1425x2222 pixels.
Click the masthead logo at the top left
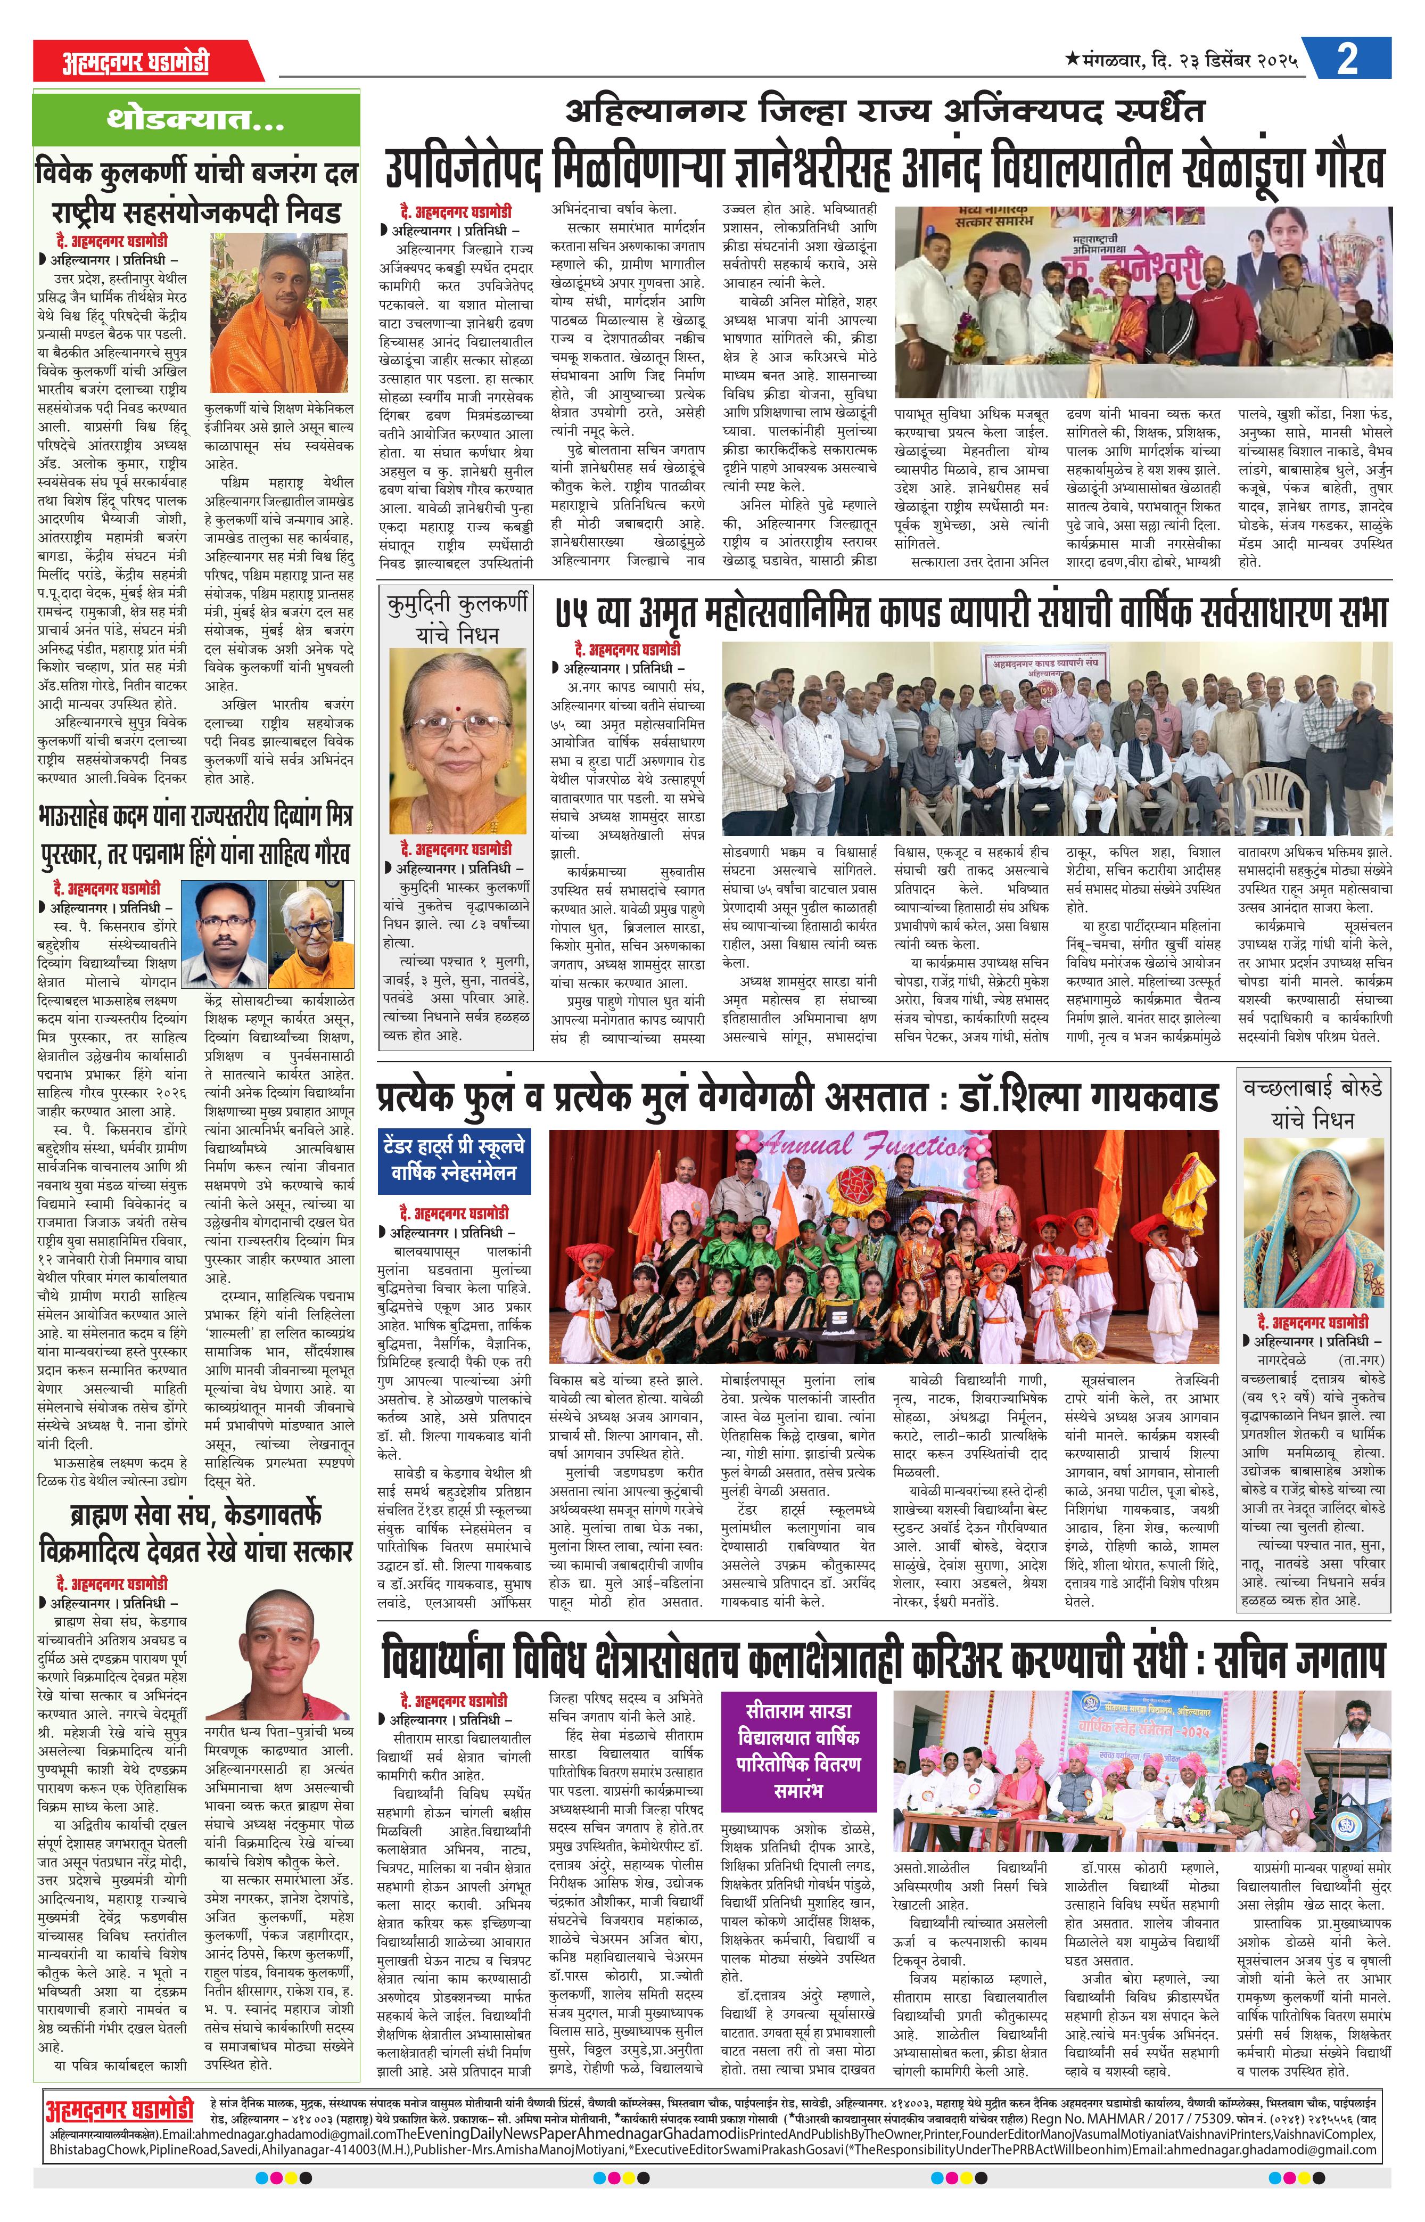coord(136,62)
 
